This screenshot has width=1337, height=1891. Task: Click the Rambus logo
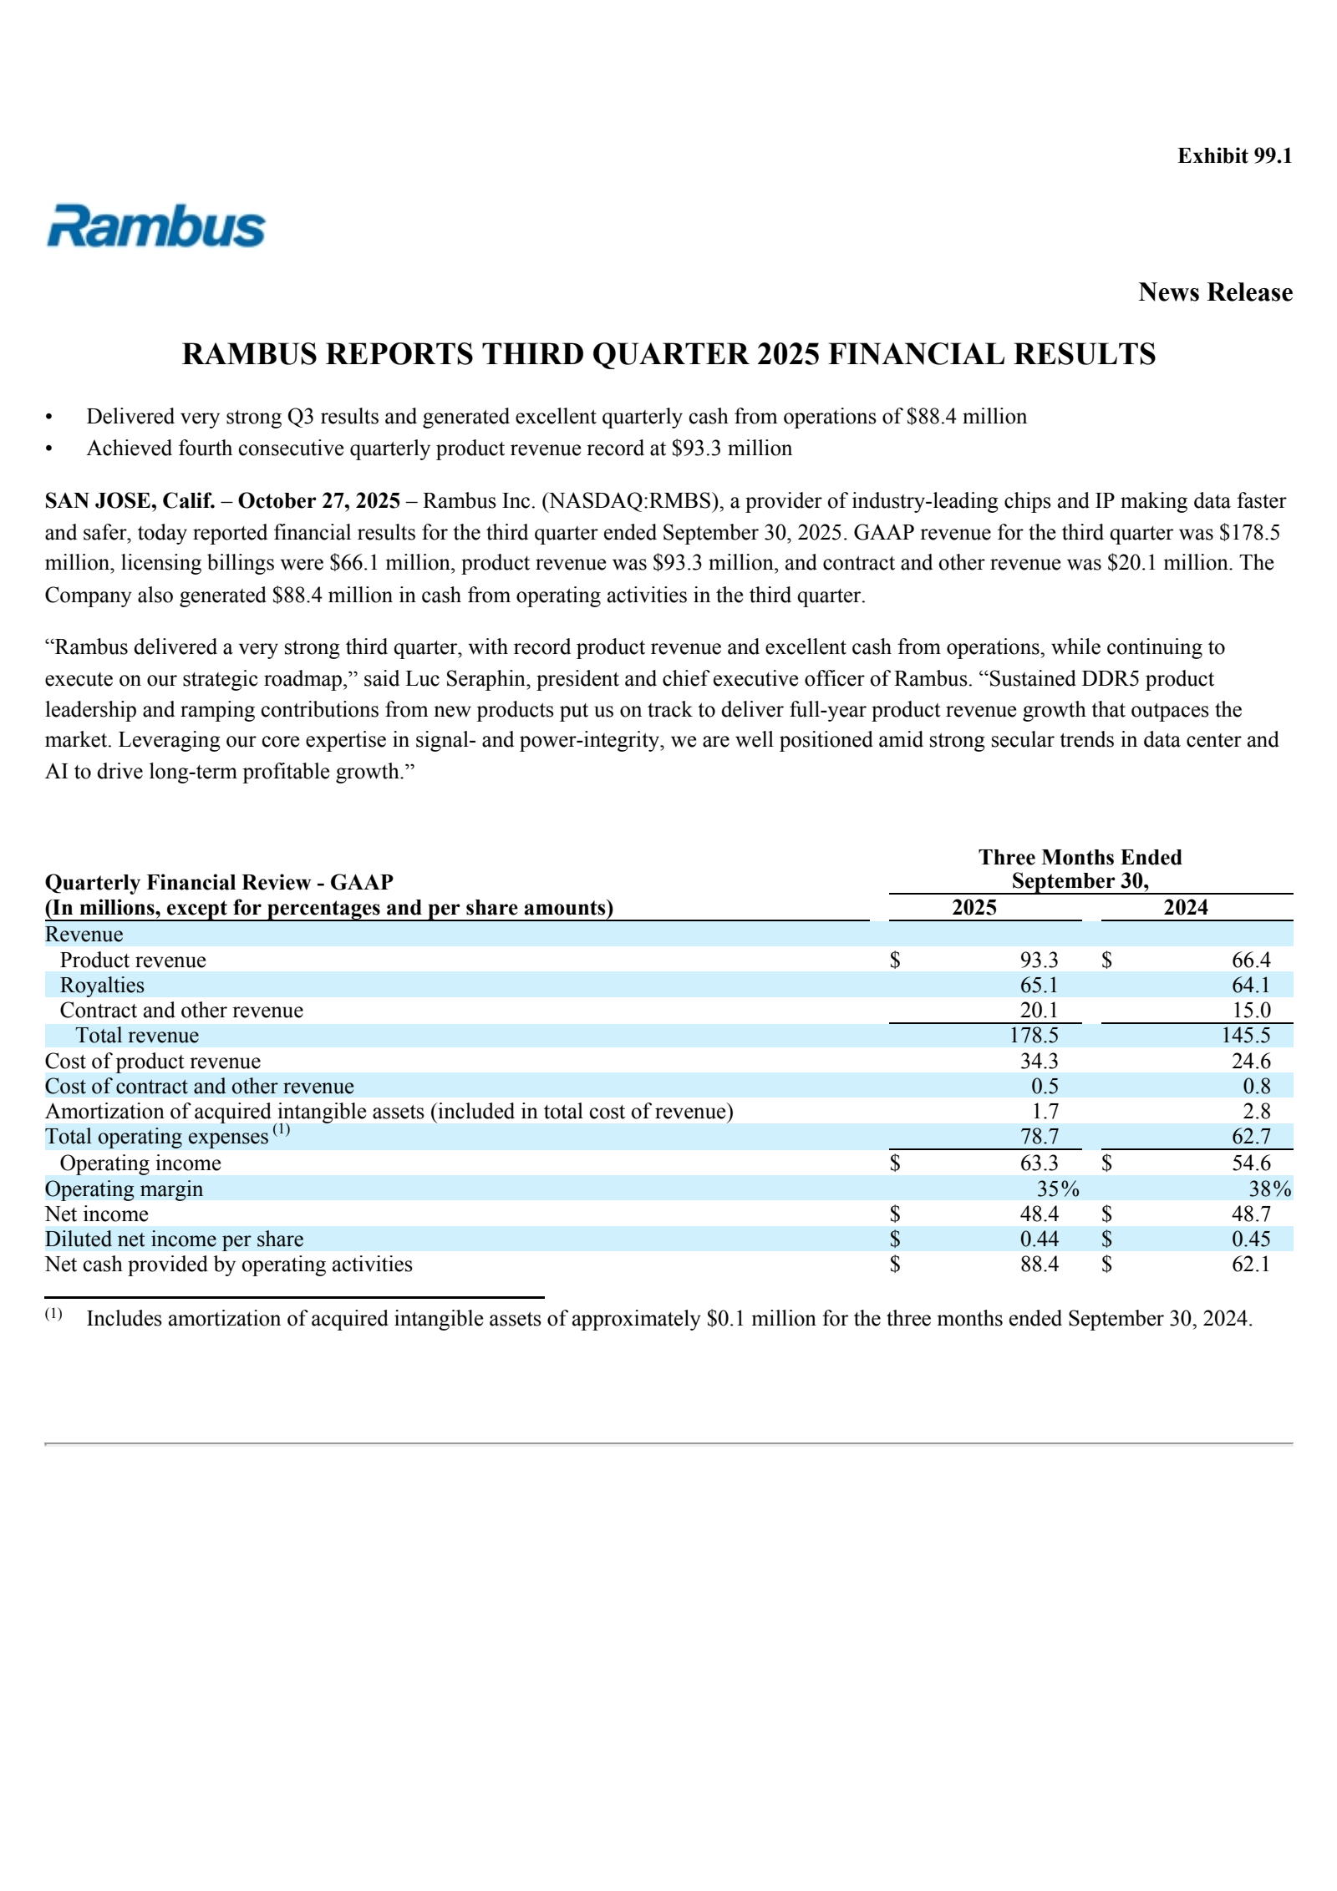pyautogui.click(x=155, y=226)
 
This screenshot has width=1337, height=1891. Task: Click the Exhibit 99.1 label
pyautogui.click(x=1234, y=156)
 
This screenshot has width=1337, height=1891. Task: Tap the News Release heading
pyautogui.click(x=1215, y=292)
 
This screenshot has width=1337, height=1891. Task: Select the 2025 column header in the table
pyautogui.click(x=974, y=908)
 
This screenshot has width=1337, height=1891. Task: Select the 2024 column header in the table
pyautogui.click(x=1185, y=908)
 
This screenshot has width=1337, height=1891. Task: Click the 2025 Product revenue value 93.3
pyautogui.click(x=1039, y=961)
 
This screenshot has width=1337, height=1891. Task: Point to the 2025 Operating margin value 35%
pyautogui.click(x=1057, y=1189)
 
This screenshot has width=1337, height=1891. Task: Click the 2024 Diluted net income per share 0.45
pyautogui.click(x=1250, y=1240)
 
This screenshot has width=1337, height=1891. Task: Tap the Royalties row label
pyautogui.click(x=102, y=986)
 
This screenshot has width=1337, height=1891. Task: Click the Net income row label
pyautogui.click(x=97, y=1214)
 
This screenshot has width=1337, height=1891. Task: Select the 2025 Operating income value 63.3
pyautogui.click(x=1039, y=1163)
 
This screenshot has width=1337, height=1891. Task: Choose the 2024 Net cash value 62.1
pyautogui.click(x=1250, y=1265)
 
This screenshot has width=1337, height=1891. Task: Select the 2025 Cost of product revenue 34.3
pyautogui.click(x=1039, y=1062)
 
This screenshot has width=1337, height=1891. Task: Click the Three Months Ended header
pyautogui.click(x=1080, y=858)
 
